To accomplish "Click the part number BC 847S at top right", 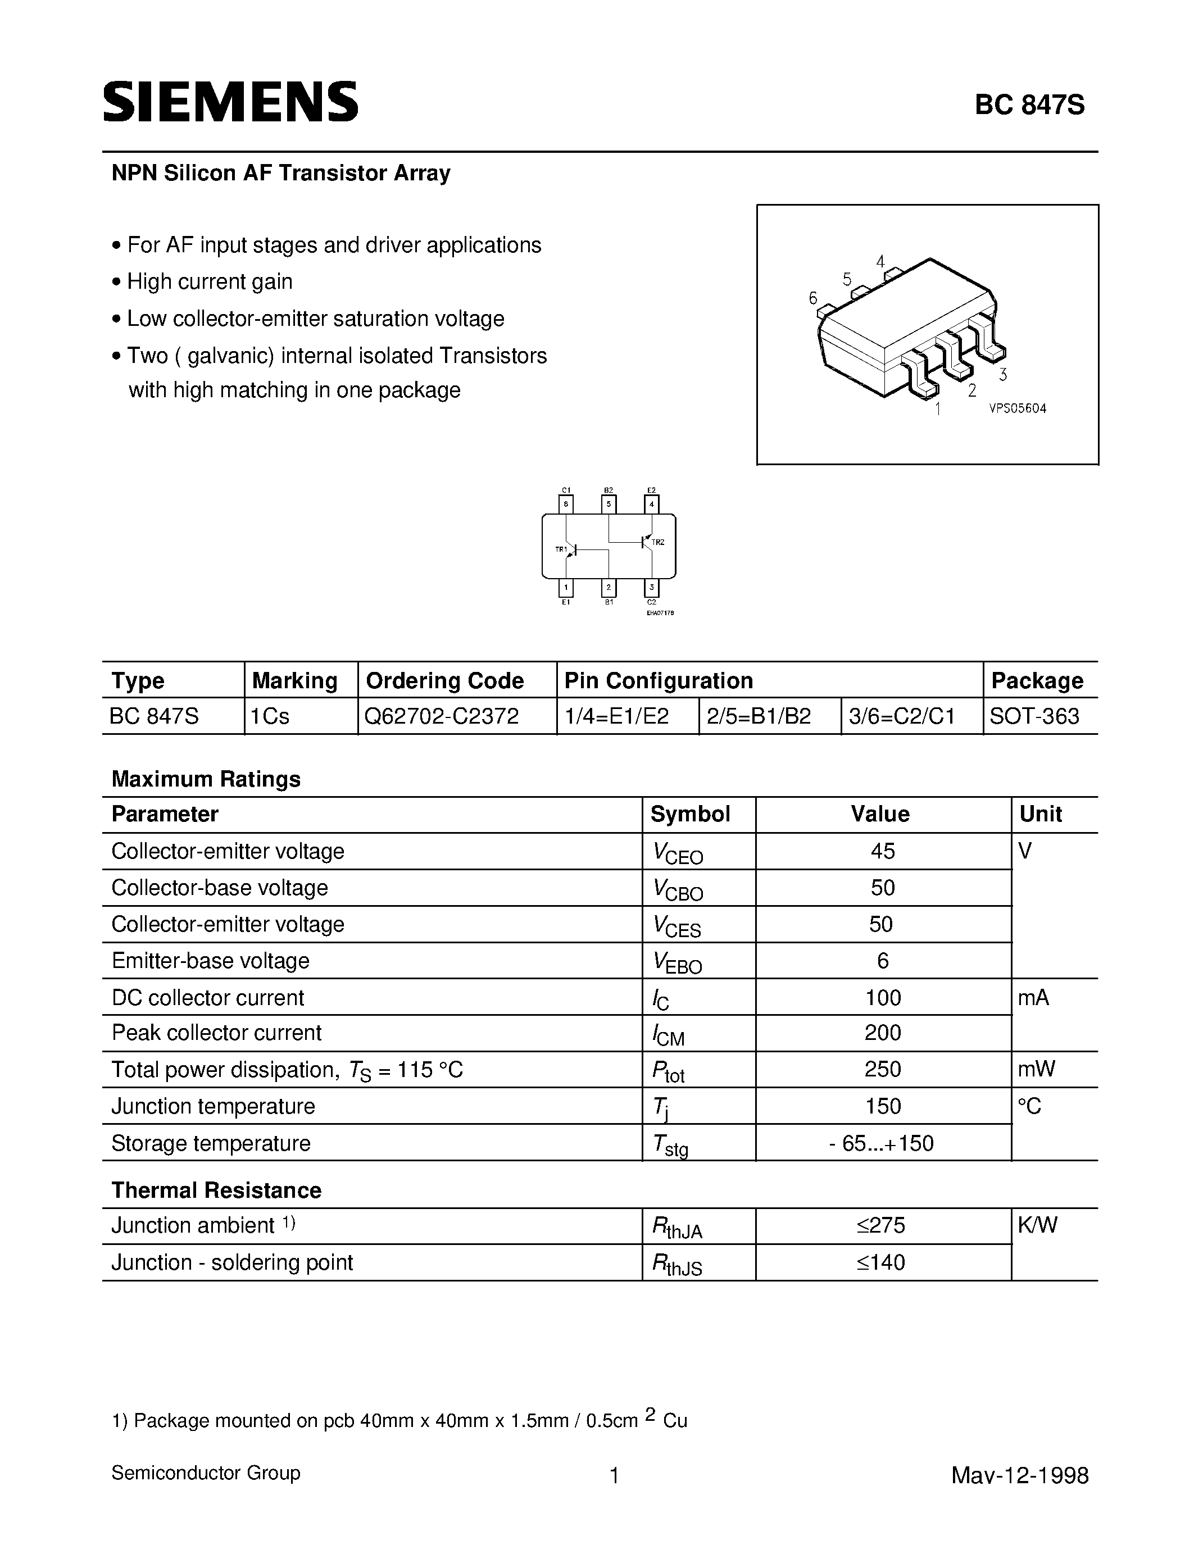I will (1029, 106).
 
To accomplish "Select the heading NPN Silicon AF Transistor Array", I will (281, 173).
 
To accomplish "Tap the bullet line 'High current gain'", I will (210, 281).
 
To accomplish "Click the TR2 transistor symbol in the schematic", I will (647, 542).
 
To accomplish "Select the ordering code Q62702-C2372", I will (442, 717).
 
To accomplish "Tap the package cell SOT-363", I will (1034, 717).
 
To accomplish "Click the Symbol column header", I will (689, 814).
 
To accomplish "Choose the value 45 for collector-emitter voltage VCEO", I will (883, 851).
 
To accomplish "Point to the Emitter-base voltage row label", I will (211, 961).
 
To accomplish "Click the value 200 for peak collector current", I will (883, 1033).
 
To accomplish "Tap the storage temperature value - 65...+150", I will (882, 1143).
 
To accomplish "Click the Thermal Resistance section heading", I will (216, 1190).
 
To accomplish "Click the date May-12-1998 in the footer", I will (1019, 1475).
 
